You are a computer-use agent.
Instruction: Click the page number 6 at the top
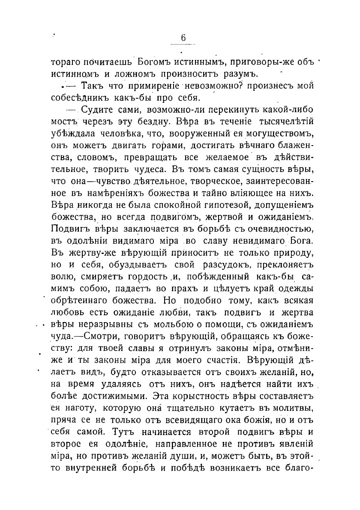[x=183, y=38]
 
